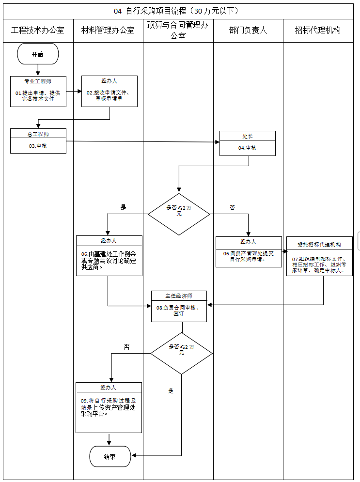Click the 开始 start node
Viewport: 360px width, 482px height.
point(38,54)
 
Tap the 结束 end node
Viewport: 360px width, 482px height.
point(110,456)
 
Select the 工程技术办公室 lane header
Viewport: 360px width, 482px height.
point(38,31)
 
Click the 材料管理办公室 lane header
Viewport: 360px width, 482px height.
point(108,31)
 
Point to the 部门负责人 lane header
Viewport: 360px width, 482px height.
point(248,31)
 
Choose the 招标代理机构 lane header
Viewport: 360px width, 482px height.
point(318,31)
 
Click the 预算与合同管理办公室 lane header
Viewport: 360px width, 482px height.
point(178,31)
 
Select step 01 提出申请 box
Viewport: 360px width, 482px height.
point(38,95)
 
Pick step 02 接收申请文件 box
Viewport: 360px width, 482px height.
point(109,95)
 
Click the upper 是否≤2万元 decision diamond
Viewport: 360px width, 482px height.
point(179,214)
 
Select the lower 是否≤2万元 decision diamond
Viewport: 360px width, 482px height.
point(181,353)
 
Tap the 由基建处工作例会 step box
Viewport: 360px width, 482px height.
point(109,260)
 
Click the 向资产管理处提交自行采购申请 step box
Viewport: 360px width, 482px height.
point(249,256)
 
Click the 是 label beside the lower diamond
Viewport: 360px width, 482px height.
point(171,391)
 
